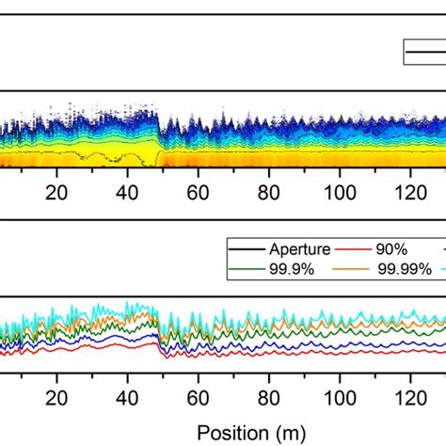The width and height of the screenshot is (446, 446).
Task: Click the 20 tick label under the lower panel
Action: [x=57, y=396]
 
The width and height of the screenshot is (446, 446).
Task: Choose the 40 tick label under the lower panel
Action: [x=128, y=396]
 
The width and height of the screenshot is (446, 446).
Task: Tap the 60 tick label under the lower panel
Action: [x=199, y=396]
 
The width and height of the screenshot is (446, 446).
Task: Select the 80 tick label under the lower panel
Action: [x=269, y=396]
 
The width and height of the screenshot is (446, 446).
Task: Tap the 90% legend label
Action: [x=399, y=251]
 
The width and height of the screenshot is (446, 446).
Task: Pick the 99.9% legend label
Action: [x=292, y=270]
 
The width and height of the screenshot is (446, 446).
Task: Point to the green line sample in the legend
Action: [x=247, y=270]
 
